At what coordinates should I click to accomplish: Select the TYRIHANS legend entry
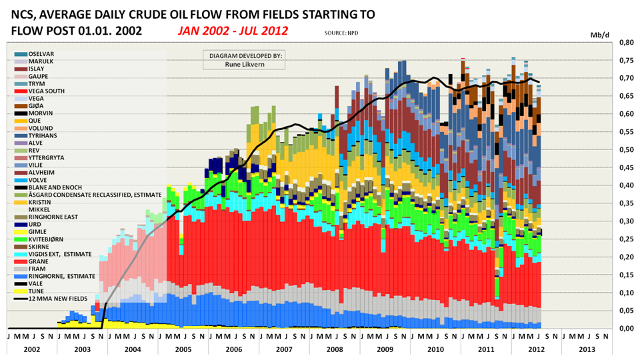(45, 135)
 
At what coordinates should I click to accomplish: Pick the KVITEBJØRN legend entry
(47, 239)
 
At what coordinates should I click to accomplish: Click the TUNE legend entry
(38, 291)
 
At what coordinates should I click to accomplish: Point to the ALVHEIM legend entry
(43, 173)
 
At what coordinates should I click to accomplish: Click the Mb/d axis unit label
(601, 33)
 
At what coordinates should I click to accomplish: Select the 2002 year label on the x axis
(32, 349)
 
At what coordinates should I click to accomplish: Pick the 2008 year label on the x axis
(335, 349)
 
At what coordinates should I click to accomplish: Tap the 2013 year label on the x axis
(587, 349)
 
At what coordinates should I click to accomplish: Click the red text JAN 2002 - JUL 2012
(233, 31)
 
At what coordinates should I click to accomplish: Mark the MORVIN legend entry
(41, 113)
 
